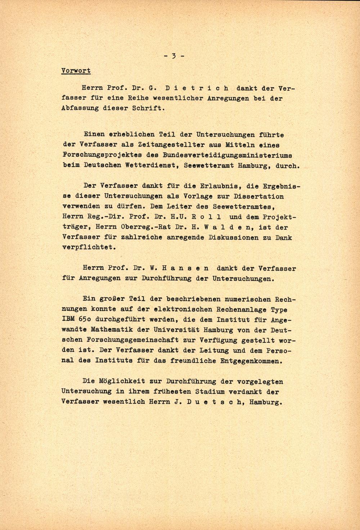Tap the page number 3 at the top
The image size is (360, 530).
coord(174,56)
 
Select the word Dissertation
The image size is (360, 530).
coord(259,196)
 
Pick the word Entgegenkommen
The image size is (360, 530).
coord(249,361)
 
